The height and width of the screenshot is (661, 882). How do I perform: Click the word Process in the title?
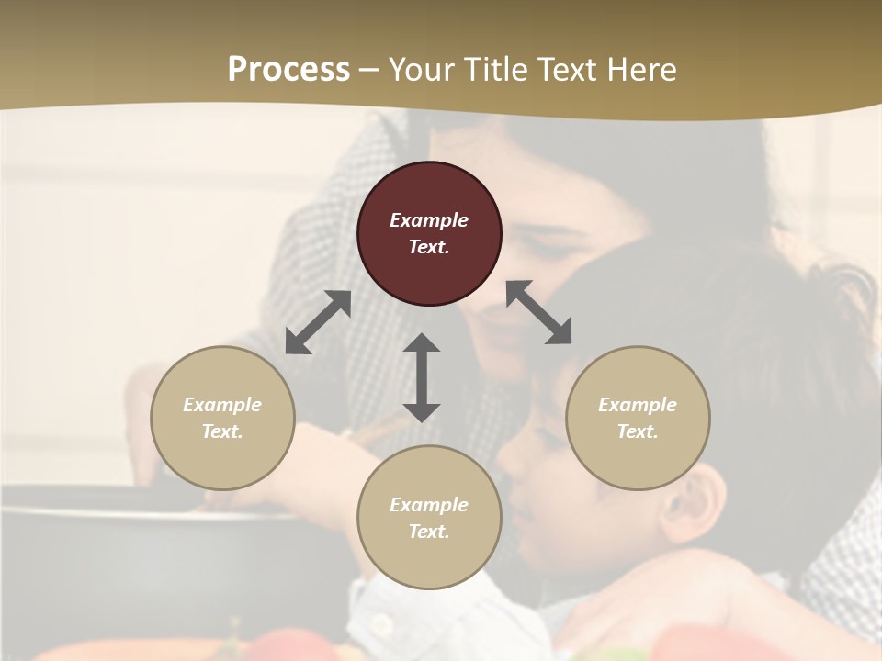pyautogui.click(x=288, y=70)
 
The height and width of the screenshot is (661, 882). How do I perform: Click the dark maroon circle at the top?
pyautogui.click(x=429, y=184)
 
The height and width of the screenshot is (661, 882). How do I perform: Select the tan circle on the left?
pyautogui.click(x=222, y=459)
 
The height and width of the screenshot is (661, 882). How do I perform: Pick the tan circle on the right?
pyautogui.click(x=638, y=459)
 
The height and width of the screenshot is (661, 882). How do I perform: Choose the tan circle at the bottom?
pyautogui.click(x=429, y=560)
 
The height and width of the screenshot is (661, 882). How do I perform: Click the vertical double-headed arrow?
pyautogui.click(x=422, y=377)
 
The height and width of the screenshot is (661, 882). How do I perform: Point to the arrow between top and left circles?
pyautogui.click(x=318, y=321)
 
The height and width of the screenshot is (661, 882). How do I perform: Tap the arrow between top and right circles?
pyautogui.click(x=539, y=312)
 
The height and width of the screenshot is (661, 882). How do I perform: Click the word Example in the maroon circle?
pyautogui.click(x=429, y=220)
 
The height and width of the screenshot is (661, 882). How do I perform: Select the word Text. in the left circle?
pyautogui.click(x=222, y=431)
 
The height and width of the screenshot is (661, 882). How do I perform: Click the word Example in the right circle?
pyautogui.click(x=638, y=405)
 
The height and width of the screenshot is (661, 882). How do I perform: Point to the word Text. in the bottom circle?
pyautogui.click(x=429, y=532)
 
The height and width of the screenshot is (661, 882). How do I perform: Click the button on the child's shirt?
pyautogui.click(x=379, y=623)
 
